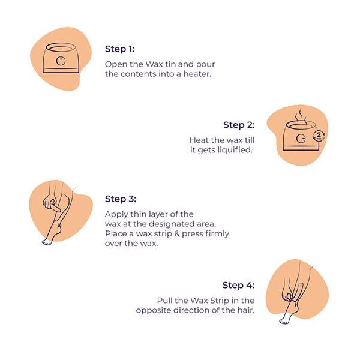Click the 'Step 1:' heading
[x=119, y=49]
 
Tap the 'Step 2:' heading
[x=239, y=125]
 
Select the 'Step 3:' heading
[x=121, y=199]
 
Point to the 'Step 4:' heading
[x=238, y=285]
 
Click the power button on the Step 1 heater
[x=61, y=61]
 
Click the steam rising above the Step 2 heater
[x=301, y=116]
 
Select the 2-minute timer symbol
[x=319, y=136]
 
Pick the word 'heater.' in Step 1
[x=197, y=74]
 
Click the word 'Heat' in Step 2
[x=197, y=140]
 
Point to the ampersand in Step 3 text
[x=176, y=234]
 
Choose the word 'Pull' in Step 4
[x=163, y=301]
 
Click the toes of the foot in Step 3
[x=47, y=242]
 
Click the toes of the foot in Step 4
[x=284, y=322]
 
